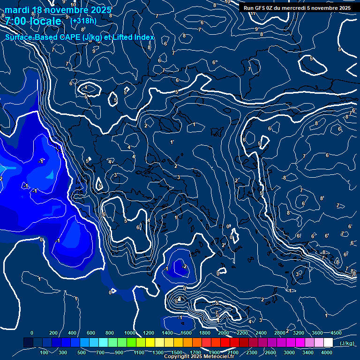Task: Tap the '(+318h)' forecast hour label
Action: tap(83, 21)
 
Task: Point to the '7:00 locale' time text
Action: tap(33, 22)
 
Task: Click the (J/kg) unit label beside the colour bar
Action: tap(347, 344)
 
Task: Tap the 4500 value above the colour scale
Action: tap(336, 333)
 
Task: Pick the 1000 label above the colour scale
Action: tap(130, 333)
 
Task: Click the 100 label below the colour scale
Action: tap(45, 352)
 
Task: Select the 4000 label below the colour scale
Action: tap(327, 352)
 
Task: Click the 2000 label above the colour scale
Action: tap(224, 333)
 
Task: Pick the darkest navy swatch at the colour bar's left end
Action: tap(28, 343)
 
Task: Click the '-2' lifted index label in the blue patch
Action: tap(184, 266)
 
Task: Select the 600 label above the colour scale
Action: tap(91, 333)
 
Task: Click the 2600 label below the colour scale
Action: tap(270, 352)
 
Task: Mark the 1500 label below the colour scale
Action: tap(177, 352)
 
